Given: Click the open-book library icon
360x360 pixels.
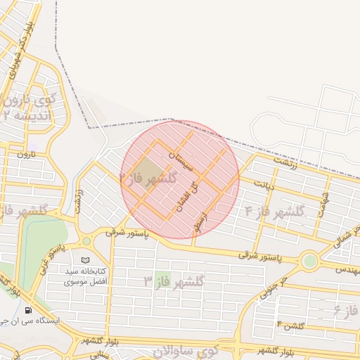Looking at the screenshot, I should (86, 260).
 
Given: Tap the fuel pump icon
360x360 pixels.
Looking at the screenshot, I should (27, 310).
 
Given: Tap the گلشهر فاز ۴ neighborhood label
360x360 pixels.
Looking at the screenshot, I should (275, 211).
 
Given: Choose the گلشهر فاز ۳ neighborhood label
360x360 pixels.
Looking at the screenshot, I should (173, 282).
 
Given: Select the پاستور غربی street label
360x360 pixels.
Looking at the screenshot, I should (54, 259).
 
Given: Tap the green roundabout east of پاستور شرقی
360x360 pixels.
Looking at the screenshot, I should (309, 261).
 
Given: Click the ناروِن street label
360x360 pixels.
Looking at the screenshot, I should (26, 153).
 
